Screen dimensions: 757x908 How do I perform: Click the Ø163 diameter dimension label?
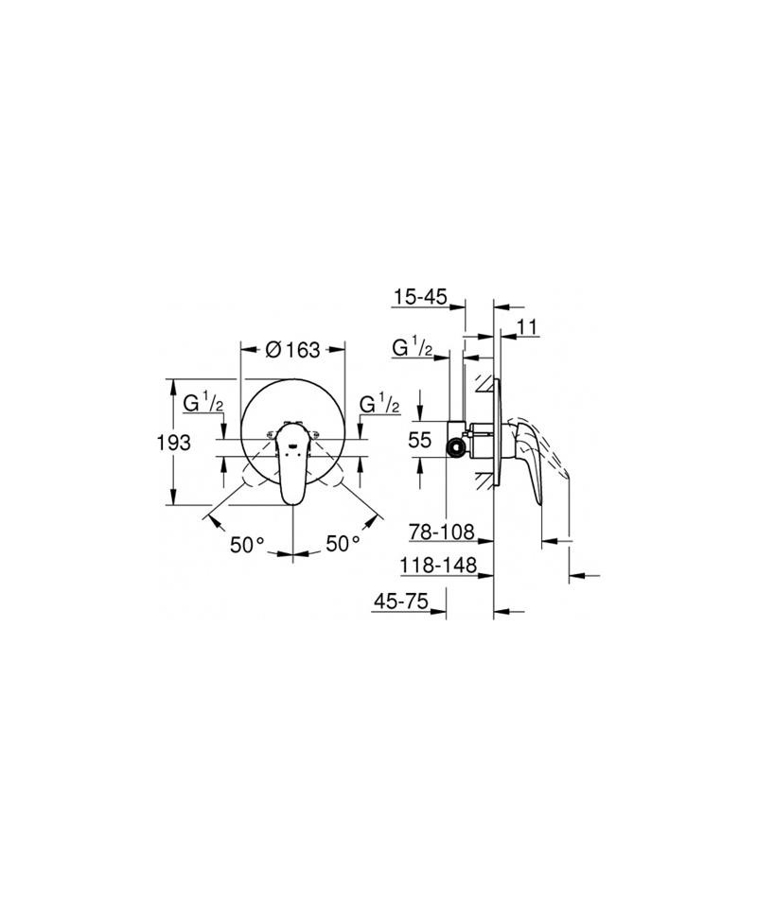[x=292, y=349]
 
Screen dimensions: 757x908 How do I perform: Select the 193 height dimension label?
[x=174, y=443]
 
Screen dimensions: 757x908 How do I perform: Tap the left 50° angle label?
[x=247, y=545]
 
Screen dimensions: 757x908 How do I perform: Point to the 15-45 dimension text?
[x=420, y=297]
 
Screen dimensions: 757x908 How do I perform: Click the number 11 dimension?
[x=527, y=327]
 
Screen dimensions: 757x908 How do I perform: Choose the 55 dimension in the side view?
[x=420, y=440]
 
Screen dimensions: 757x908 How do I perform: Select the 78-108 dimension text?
[x=442, y=531]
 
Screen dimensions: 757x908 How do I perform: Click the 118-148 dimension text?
[x=438, y=565]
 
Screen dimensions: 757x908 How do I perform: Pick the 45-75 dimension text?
[x=401, y=601]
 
